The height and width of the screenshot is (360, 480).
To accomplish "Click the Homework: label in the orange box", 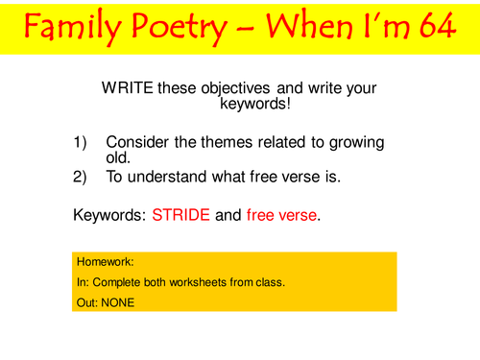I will click(x=100, y=260).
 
